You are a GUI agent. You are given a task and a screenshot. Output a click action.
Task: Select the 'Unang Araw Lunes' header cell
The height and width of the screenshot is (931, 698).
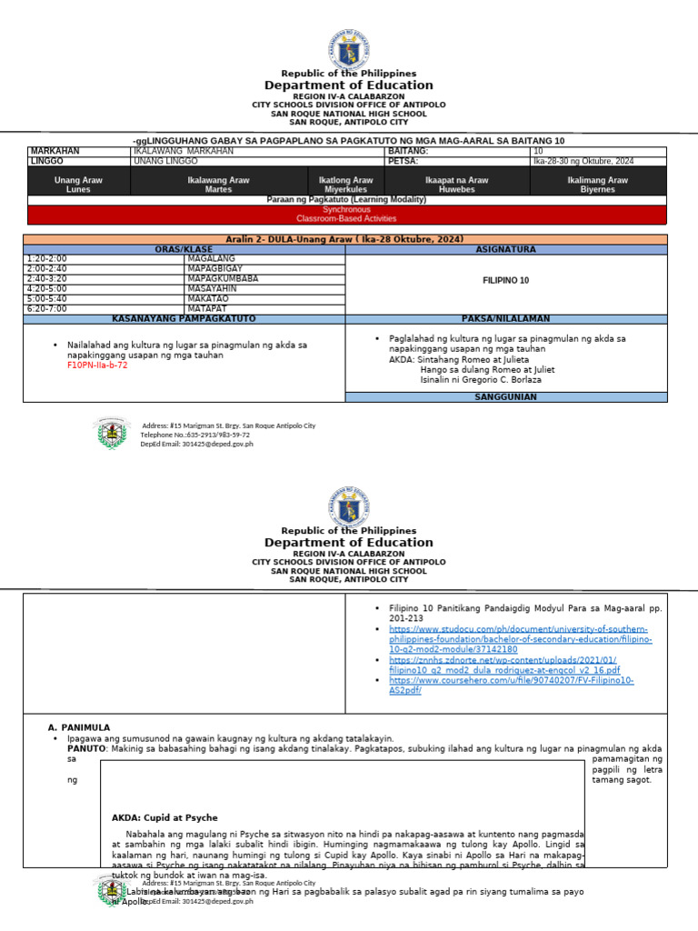79,185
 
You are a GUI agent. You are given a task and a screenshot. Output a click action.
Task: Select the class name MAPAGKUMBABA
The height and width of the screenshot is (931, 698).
224,278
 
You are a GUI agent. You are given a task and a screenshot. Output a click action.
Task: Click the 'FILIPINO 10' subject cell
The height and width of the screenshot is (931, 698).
505,281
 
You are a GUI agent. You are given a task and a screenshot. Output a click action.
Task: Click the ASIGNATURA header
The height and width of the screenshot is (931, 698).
505,249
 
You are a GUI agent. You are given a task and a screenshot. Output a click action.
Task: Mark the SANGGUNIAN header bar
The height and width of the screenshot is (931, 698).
505,396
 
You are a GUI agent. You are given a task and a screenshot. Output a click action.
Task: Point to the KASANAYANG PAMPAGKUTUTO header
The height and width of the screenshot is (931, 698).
184,318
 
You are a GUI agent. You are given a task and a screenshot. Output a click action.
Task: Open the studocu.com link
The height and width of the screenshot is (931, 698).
518,639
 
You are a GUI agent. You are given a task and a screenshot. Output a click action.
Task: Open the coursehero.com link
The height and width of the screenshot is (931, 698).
512,685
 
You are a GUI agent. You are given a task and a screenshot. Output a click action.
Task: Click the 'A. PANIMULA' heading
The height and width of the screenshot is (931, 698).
78,727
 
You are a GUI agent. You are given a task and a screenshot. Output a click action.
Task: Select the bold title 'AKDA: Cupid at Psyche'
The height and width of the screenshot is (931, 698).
165,817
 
